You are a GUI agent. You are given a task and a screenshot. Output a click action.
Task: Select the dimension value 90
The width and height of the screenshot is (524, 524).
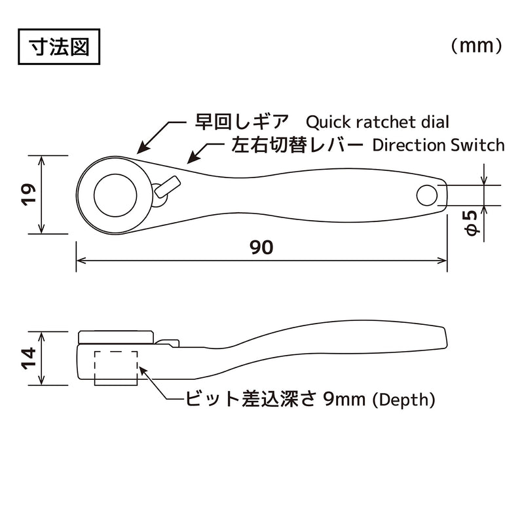(x=261, y=248)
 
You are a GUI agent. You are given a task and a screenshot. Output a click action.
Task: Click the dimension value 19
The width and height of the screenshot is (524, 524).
(x=28, y=195)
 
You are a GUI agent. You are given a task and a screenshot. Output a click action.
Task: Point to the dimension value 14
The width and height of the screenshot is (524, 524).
(x=28, y=358)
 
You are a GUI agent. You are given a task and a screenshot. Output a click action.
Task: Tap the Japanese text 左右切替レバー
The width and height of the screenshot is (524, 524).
(x=296, y=145)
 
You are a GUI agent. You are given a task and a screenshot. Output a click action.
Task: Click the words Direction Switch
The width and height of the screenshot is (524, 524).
(x=438, y=145)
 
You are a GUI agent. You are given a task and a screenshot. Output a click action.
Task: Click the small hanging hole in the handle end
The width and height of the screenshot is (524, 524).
(x=426, y=194)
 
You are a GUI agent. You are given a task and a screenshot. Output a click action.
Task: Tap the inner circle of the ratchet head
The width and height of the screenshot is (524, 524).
(x=115, y=195)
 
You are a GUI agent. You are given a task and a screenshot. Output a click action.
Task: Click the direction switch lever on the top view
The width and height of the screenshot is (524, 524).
(x=168, y=186)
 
